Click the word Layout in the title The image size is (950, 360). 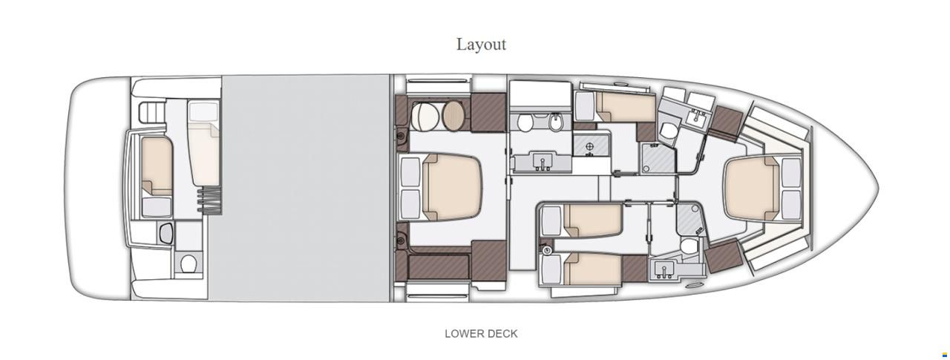(481, 45)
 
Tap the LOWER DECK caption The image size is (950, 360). (481, 334)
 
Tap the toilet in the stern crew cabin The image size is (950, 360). (187, 264)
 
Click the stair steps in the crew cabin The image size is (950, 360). (209, 200)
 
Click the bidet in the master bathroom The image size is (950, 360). (555, 123)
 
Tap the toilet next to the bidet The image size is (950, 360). (525, 122)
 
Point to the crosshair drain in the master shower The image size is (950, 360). (589, 147)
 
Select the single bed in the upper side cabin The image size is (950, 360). (626, 107)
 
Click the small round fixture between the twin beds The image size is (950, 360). (547, 251)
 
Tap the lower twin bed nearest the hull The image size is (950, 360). (593, 268)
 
